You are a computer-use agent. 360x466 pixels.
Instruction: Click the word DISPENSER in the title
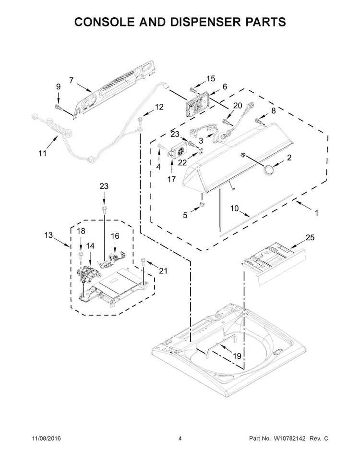203,22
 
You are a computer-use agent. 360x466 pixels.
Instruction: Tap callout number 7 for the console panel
72,80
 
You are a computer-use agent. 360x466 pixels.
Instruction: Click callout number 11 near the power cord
42,153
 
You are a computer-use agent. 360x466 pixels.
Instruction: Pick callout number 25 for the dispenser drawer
310,237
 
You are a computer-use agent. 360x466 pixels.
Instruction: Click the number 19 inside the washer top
237,356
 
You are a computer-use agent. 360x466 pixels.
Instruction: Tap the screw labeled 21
143,261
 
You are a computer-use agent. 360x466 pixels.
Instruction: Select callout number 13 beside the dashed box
48,235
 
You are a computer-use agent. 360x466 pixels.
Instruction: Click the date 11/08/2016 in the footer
46,438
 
